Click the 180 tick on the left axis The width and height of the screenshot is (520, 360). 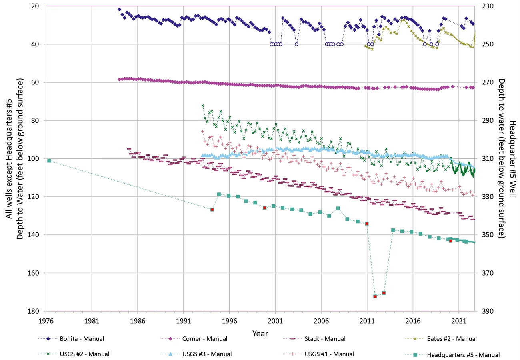pyautogui.click(x=34, y=311)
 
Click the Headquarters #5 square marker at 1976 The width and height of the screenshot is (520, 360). pyautogui.click(x=49, y=160)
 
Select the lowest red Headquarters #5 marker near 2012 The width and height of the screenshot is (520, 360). pyautogui.click(x=375, y=296)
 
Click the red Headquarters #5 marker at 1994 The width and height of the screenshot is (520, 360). pyautogui.click(x=212, y=210)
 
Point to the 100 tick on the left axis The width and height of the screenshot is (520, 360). pyautogui.click(x=34, y=159)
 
